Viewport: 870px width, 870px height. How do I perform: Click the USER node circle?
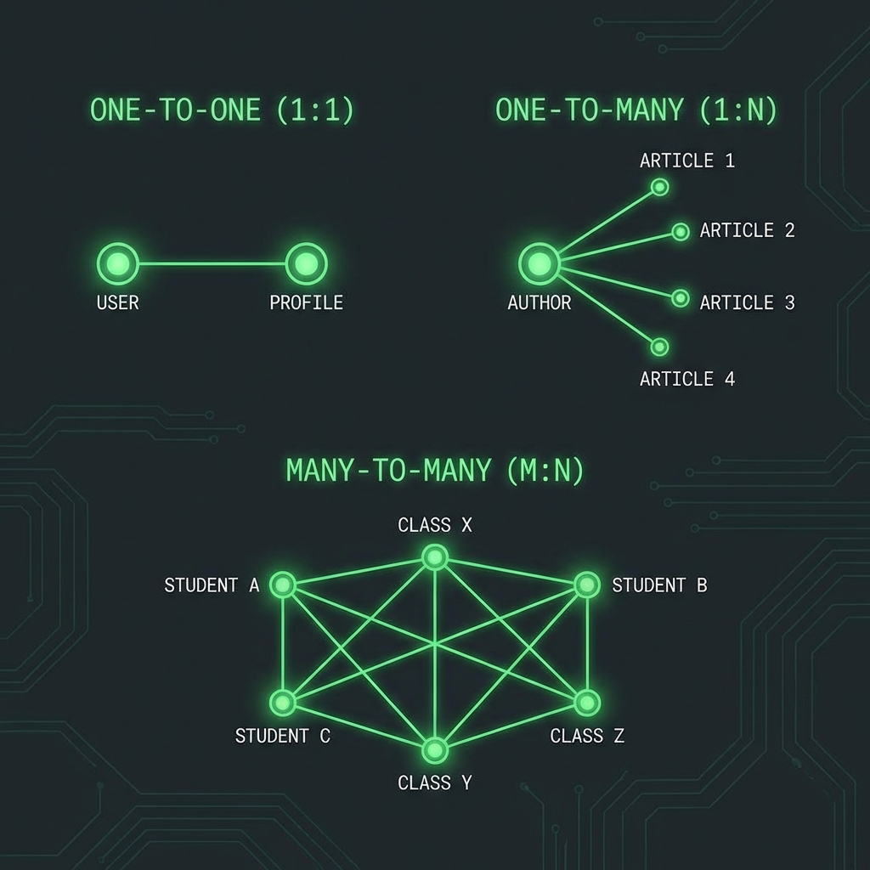pyautogui.click(x=118, y=263)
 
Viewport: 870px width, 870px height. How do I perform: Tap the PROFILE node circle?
pyautogui.click(x=306, y=263)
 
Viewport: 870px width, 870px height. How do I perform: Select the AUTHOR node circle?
pyautogui.click(x=539, y=264)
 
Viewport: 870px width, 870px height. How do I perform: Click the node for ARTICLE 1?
pyautogui.click(x=659, y=187)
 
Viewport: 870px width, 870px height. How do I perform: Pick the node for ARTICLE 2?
pyautogui.click(x=681, y=231)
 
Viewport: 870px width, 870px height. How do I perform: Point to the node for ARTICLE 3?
pyautogui.click(x=681, y=298)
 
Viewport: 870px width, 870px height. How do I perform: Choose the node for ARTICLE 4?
pyautogui.click(x=660, y=347)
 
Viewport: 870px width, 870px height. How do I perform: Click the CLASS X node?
pyautogui.click(x=435, y=557)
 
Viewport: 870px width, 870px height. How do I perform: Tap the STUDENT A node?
pyautogui.click(x=282, y=585)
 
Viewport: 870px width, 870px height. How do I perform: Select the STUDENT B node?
pyautogui.click(x=587, y=585)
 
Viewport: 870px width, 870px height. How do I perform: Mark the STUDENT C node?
pyautogui.click(x=282, y=703)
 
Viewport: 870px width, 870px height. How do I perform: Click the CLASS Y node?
pyautogui.click(x=435, y=750)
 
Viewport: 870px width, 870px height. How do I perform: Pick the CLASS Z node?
pyautogui.click(x=587, y=703)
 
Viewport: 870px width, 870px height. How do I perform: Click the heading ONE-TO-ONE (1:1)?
pyautogui.click(x=222, y=110)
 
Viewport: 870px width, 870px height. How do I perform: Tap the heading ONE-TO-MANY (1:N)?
pyautogui.click(x=636, y=110)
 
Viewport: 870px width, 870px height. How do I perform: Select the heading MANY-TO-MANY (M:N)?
pyautogui.click(x=435, y=471)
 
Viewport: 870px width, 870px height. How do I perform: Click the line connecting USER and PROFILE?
pyautogui.click(x=212, y=263)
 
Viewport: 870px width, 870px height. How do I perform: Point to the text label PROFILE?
pyautogui.click(x=306, y=302)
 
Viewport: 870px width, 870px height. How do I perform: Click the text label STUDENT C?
pyautogui.click(x=282, y=736)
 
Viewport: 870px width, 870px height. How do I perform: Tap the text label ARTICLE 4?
pyautogui.click(x=686, y=379)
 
